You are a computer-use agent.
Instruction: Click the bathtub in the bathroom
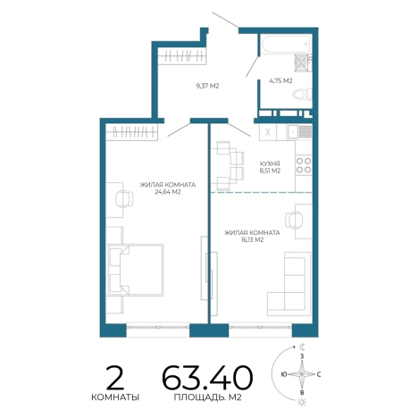[x=286, y=44]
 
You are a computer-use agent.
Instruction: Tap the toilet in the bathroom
[x=302, y=95]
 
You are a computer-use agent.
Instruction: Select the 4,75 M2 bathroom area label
[x=280, y=80]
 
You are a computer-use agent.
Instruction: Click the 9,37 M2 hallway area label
[x=207, y=86]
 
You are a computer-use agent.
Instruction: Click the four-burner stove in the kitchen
[x=304, y=165]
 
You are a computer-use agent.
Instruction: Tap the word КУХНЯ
[x=270, y=163]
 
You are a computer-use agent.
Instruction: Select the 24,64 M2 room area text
[x=168, y=192]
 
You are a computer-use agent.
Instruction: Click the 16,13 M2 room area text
[x=253, y=240]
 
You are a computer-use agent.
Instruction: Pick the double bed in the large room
[x=136, y=270]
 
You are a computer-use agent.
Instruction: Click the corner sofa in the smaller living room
[x=288, y=284]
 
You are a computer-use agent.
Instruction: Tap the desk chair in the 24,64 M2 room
[x=124, y=199]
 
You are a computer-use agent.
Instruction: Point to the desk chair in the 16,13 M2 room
[x=294, y=221]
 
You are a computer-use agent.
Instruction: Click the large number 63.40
[x=207, y=378]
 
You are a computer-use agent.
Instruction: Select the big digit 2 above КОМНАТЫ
[x=115, y=378]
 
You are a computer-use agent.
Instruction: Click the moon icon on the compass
[x=303, y=347]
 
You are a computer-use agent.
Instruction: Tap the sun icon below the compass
[x=302, y=402]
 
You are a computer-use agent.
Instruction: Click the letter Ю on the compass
[x=284, y=374]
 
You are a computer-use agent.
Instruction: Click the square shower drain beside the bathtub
[x=302, y=63]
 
